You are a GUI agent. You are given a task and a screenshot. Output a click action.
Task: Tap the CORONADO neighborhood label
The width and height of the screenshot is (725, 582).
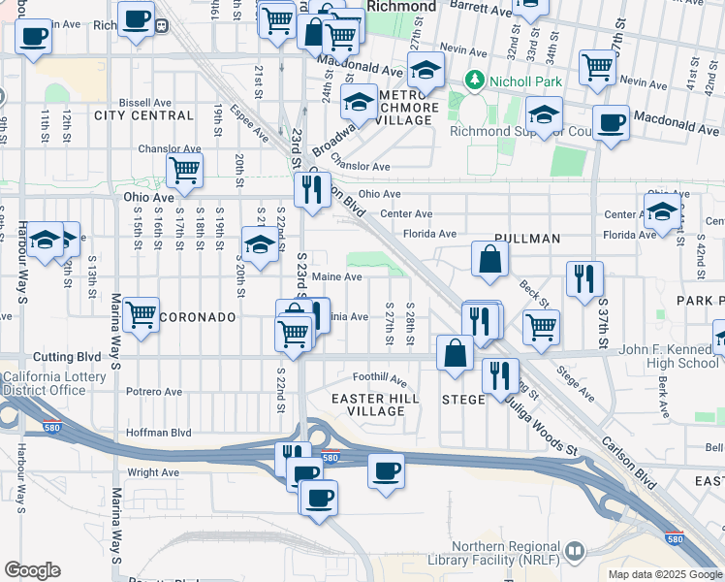198,317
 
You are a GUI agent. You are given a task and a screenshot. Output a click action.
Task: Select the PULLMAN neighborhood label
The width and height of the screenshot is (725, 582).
527,238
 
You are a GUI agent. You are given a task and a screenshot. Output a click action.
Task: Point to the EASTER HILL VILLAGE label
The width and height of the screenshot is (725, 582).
375,404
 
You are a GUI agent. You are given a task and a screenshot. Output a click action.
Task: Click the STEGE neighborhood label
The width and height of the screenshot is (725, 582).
463,400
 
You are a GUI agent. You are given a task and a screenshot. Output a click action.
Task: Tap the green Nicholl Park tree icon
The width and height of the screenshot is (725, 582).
474,79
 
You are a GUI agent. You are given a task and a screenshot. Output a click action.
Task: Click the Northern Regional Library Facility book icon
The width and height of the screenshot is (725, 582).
575,551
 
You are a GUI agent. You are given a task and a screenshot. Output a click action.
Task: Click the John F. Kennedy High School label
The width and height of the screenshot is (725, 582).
669,356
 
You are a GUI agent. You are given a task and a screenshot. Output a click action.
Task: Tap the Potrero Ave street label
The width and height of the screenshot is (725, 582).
154,392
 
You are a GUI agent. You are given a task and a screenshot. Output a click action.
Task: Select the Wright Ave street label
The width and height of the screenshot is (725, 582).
153,472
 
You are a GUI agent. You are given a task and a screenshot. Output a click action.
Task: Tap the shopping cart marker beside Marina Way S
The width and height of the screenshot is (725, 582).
142,313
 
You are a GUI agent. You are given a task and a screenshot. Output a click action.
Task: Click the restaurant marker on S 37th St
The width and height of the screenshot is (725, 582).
584,278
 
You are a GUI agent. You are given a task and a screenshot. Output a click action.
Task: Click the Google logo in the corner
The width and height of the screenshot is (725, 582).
32,570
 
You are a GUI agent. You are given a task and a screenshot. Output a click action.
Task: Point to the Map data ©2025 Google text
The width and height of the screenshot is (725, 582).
665,574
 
